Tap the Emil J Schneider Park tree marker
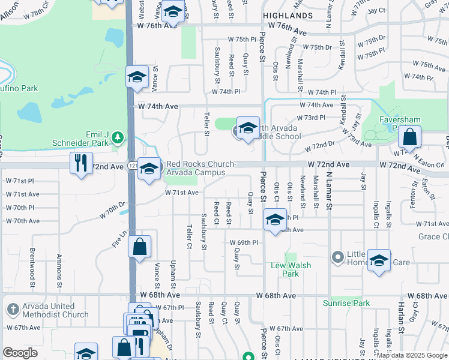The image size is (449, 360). pos(118,138)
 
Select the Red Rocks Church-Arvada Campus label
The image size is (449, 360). pos(200,168)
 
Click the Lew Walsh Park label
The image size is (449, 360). pos(285,269)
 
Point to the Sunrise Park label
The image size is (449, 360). pos(346,303)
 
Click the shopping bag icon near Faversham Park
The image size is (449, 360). pos(409,137)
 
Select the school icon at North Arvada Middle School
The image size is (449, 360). pos(248,128)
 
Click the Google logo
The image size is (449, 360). pos(20,353)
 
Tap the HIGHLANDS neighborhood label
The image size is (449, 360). pos(286,15)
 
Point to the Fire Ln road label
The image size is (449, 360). pos(120,238)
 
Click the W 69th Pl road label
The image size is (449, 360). pos(244,242)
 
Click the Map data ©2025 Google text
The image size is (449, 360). pos(412,356)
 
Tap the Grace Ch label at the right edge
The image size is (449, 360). pos(433,236)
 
